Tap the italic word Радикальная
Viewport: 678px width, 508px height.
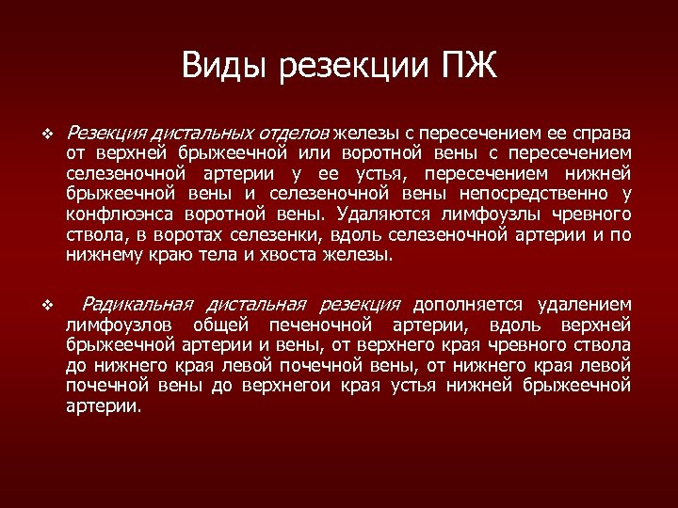pyautogui.click(x=137, y=305)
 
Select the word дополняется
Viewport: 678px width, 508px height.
pyautogui.click(x=466, y=305)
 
